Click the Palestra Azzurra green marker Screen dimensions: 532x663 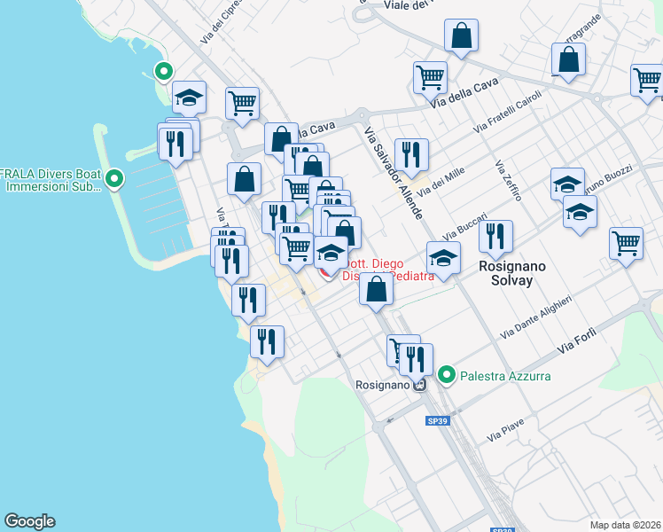point(448,376)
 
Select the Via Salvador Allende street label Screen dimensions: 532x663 point(394,173)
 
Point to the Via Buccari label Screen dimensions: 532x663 point(464,226)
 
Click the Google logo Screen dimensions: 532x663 point(29,521)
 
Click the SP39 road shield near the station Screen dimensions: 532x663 point(435,419)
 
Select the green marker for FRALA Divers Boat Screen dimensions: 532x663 point(113,180)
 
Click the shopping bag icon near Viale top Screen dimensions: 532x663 point(461,36)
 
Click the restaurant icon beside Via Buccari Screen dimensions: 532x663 point(495,236)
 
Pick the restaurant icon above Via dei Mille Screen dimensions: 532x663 point(410,154)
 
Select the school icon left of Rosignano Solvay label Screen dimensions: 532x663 point(443,258)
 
